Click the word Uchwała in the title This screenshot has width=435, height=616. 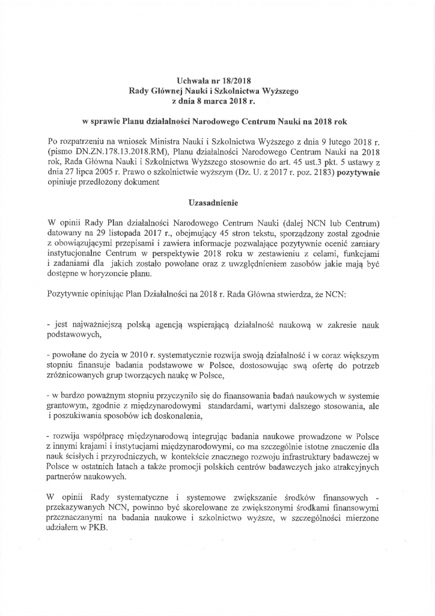pyautogui.click(x=192, y=79)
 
